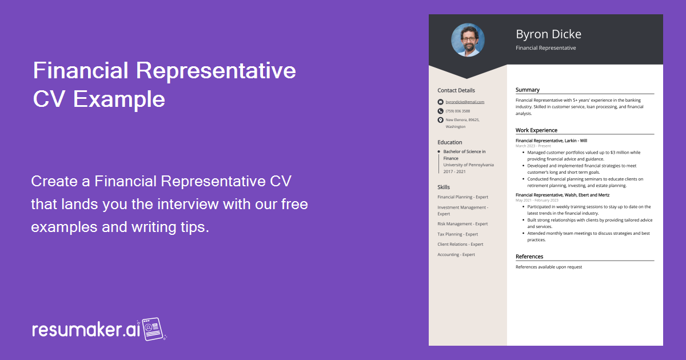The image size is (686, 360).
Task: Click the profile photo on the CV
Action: click(468, 40)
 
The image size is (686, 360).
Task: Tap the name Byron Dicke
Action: click(548, 34)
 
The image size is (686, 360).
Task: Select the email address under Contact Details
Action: click(465, 102)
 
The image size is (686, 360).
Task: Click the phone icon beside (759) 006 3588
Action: click(440, 111)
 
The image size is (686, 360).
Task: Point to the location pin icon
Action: click(440, 120)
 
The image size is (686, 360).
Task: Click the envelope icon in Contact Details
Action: click(440, 102)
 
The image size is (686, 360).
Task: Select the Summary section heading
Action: click(527, 90)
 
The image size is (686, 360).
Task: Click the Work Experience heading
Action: click(536, 130)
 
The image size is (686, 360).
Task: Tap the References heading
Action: click(529, 257)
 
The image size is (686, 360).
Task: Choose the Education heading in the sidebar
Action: click(449, 142)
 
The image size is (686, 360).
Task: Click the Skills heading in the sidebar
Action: click(444, 187)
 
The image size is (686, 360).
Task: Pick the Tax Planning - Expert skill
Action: click(457, 234)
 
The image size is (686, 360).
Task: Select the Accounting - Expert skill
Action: click(456, 254)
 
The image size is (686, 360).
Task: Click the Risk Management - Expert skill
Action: click(462, 224)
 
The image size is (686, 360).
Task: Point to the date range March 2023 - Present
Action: click(533, 146)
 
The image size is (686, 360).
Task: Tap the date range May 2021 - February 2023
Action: click(537, 200)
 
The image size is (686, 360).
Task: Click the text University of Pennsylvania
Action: click(469, 165)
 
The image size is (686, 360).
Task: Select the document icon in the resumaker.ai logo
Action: click(153, 329)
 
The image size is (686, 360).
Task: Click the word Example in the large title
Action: click(119, 99)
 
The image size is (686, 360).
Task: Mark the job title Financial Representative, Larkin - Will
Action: click(551, 141)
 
